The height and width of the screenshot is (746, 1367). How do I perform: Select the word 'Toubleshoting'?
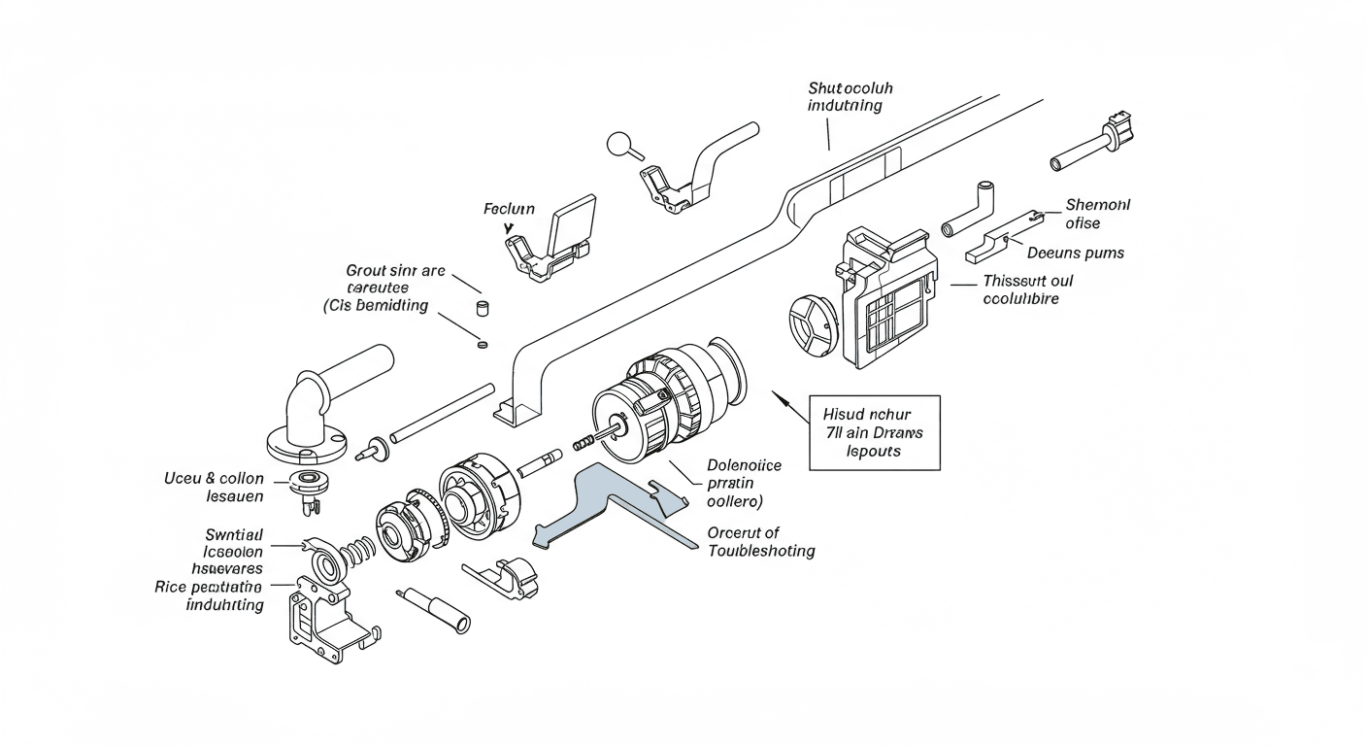click(761, 551)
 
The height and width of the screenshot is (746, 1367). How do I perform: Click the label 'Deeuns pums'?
click(1075, 253)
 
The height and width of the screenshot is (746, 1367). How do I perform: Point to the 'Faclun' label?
click(509, 209)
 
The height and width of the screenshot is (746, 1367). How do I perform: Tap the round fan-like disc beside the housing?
click(811, 325)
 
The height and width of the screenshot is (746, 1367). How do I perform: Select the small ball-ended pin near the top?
click(621, 146)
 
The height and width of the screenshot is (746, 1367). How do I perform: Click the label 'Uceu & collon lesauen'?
click(216, 488)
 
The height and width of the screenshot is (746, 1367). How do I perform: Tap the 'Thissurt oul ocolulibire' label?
click(1027, 289)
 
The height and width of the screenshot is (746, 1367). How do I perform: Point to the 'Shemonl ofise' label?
click(1097, 214)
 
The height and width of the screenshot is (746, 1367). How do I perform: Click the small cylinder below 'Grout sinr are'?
click(479, 309)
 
